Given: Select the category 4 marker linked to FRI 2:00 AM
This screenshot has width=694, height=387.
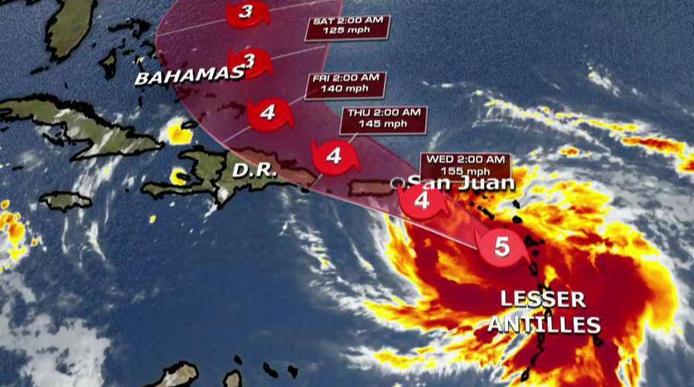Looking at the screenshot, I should [268, 113].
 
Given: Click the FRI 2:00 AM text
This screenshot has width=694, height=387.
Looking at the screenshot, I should [345, 78].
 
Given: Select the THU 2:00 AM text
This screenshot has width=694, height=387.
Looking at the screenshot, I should [383, 113].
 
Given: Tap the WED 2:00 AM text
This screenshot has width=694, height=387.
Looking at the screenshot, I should [465, 160].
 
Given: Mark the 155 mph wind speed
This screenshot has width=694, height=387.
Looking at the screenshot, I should [465, 171].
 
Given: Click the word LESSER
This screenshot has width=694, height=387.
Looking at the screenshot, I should [539, 299].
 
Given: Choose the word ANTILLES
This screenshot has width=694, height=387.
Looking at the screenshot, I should [551, 324].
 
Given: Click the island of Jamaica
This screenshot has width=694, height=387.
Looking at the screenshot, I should [65, 201].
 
